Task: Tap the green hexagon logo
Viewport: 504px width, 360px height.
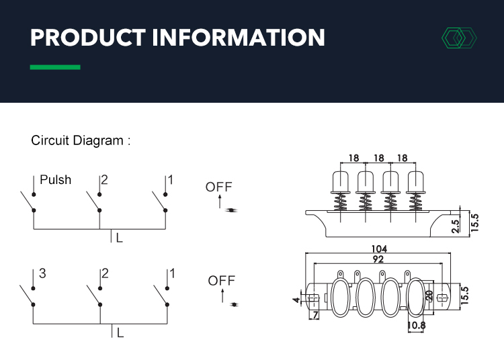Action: (458, 38)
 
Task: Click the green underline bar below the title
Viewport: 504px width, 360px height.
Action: (55, 67)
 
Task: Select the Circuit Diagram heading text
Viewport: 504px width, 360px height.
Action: (80, 141)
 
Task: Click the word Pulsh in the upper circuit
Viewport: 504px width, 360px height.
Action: (56, 180)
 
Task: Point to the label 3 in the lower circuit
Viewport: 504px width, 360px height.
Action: (42, 273)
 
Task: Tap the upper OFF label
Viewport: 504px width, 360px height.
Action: (218, 187)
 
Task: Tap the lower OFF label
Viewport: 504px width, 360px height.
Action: (221, 280)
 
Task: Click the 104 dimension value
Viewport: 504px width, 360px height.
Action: (379, 249)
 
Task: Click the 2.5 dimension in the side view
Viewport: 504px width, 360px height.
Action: (456, 225)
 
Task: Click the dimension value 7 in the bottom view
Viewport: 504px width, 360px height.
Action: (314, 315)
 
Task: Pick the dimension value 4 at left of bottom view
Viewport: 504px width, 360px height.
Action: (296, 299)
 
